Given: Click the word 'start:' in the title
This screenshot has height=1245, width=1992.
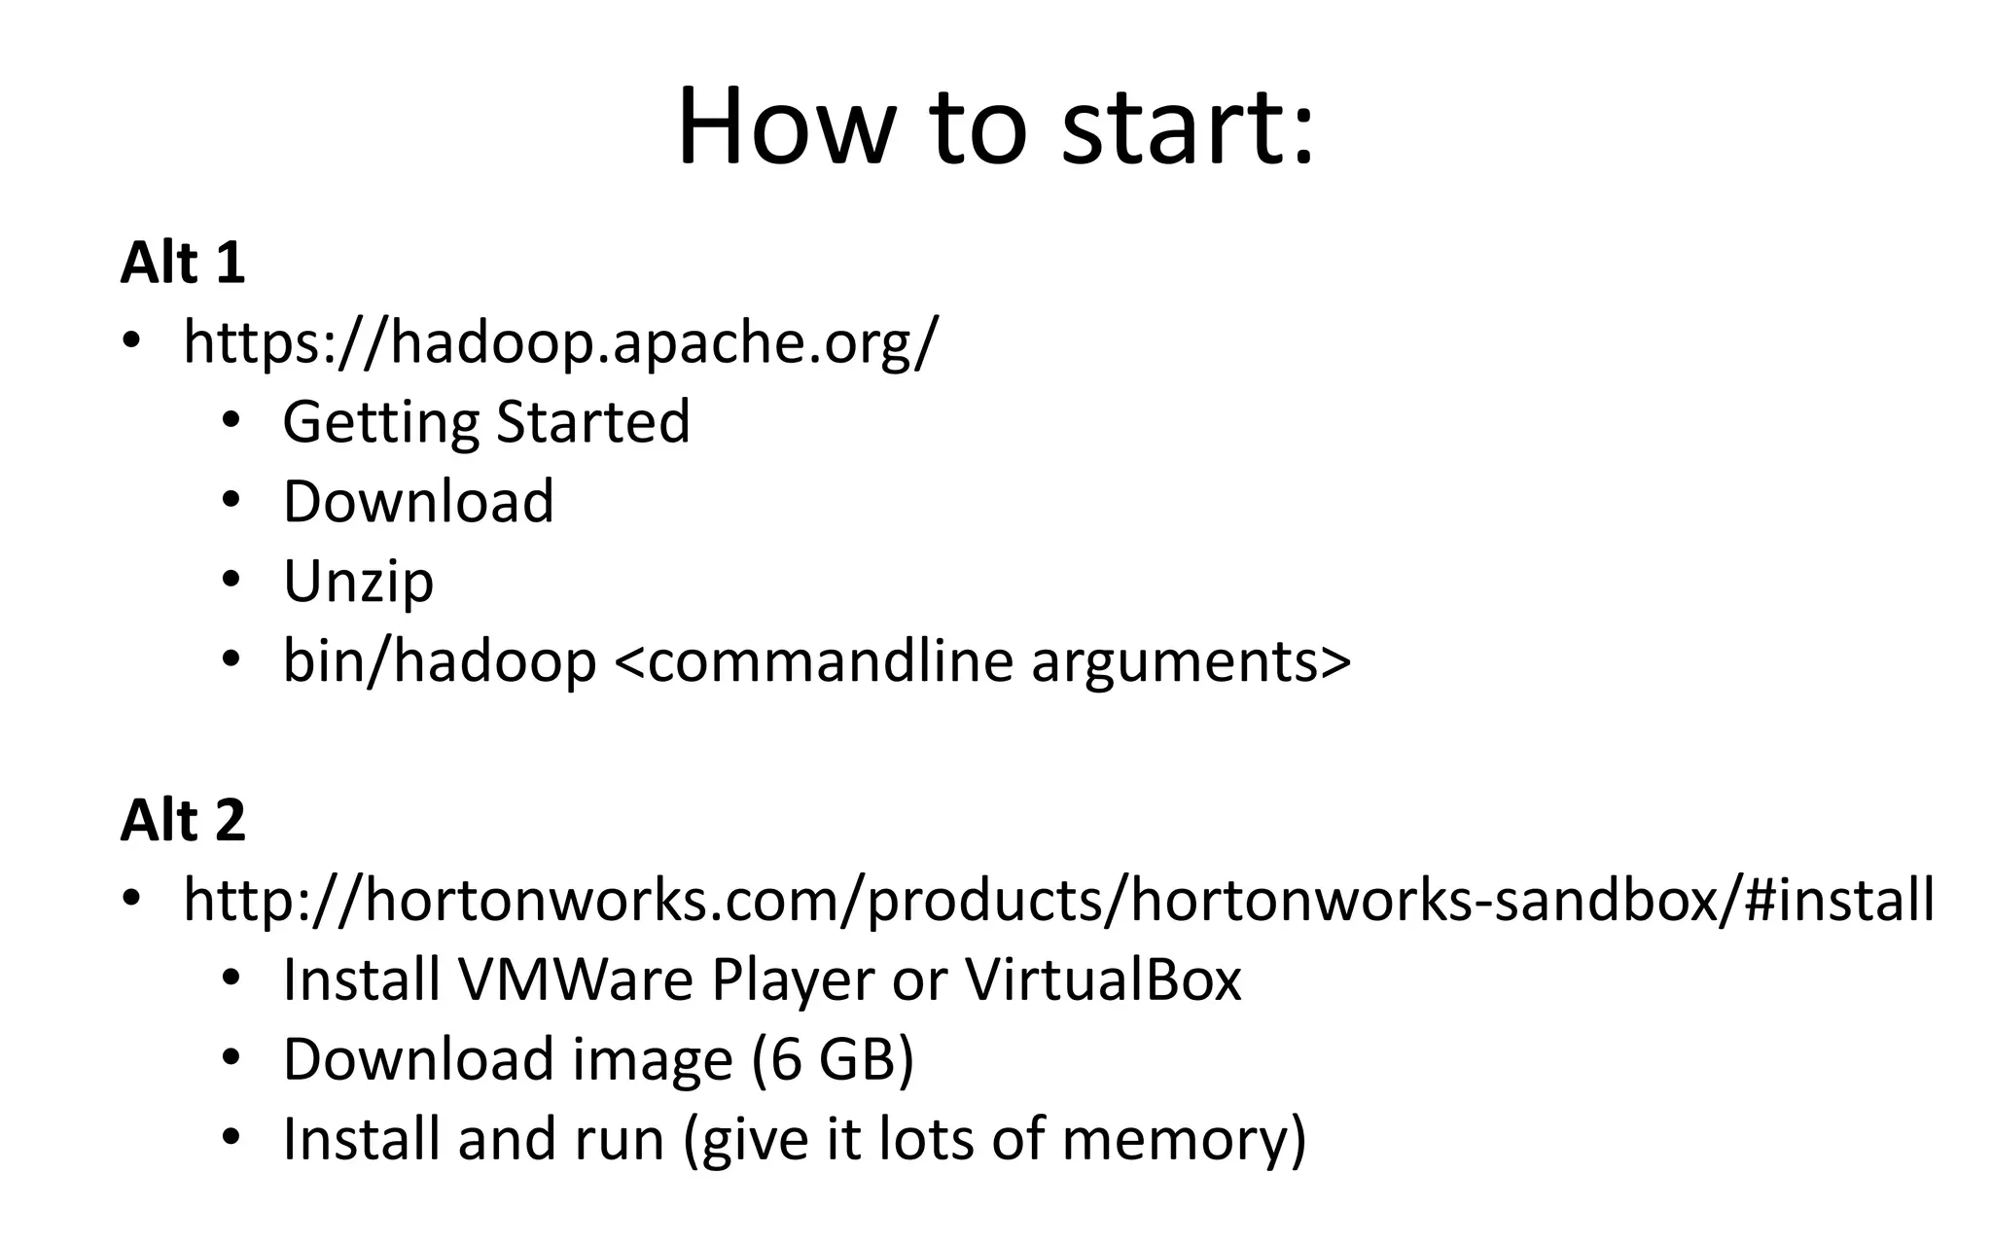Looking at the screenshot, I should [1188, 127].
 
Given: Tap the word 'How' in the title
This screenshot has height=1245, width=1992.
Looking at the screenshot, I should [784, 127].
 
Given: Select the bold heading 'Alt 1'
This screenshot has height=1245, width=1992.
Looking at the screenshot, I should [183, 263].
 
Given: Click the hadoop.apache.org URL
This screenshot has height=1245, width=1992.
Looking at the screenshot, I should [561, 342].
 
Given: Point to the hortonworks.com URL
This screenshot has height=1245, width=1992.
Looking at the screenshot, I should [1058, 900].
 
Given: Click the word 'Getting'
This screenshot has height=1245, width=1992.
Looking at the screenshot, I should [380, 423].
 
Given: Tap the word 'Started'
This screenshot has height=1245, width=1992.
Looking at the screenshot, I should [593, 421].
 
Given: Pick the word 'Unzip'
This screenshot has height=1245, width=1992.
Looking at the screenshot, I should [358, 582].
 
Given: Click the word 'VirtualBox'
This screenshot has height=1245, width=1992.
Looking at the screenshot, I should [1103, 979].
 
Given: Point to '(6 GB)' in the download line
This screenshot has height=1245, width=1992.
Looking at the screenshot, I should [833, 1059].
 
